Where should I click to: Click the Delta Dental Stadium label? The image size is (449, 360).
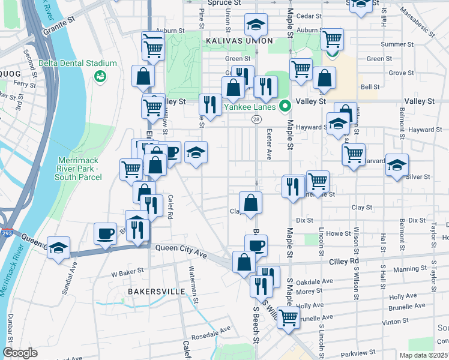click(77, 63)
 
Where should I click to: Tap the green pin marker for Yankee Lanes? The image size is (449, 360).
click(286, 107)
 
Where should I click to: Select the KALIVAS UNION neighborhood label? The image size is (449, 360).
click(239, 41)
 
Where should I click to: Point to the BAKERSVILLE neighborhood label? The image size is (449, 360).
click(156, 291)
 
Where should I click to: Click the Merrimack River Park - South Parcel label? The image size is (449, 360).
click(79, 169)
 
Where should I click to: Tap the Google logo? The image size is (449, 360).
click(20, 353)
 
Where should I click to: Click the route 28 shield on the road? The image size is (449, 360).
click(256, 121)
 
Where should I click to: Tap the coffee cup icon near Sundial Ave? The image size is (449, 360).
click(106, 233)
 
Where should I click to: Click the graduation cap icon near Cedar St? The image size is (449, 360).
click(256, 25)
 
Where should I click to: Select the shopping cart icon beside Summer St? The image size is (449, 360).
click(332, 40)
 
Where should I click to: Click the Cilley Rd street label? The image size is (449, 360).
click(343, 261)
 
